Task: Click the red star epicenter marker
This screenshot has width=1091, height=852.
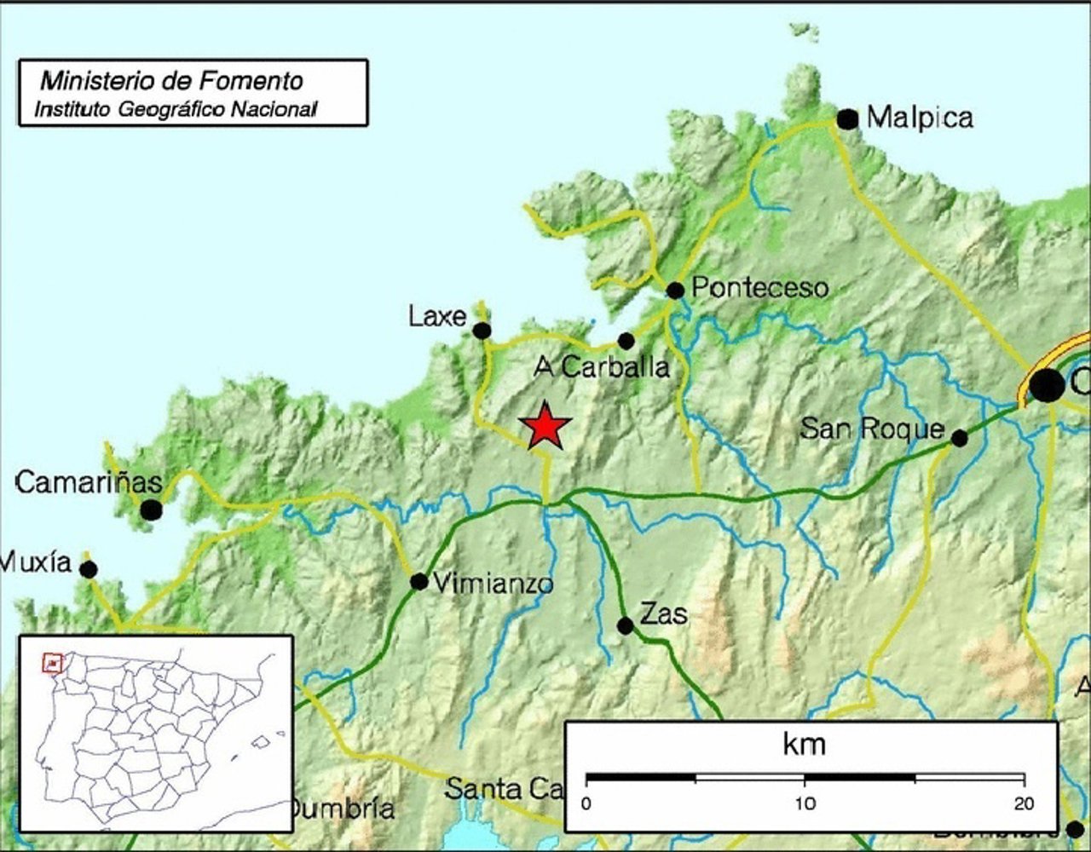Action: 545,425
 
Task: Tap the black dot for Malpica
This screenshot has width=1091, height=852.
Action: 847,119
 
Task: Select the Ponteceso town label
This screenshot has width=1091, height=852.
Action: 759,288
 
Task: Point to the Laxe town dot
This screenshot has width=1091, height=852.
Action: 482,331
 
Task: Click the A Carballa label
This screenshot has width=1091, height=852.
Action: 602,367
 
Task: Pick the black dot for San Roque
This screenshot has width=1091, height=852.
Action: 959,438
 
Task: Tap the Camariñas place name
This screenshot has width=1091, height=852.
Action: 89,483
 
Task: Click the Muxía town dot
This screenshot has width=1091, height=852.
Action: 89,569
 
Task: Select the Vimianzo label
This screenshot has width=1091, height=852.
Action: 494,584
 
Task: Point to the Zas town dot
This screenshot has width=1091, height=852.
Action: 625,625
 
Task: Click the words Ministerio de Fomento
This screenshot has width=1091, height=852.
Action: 171,81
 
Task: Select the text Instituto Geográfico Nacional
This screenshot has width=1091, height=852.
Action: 176,109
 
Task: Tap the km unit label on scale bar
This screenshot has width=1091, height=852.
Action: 804,745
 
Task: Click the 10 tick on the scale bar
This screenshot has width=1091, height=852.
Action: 805,803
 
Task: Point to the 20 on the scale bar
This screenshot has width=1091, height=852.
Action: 1024,803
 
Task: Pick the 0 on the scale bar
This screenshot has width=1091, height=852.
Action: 586,803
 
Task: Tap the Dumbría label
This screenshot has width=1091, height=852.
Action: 341,809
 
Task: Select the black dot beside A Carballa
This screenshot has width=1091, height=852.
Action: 626,341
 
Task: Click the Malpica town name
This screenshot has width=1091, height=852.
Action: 920,118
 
